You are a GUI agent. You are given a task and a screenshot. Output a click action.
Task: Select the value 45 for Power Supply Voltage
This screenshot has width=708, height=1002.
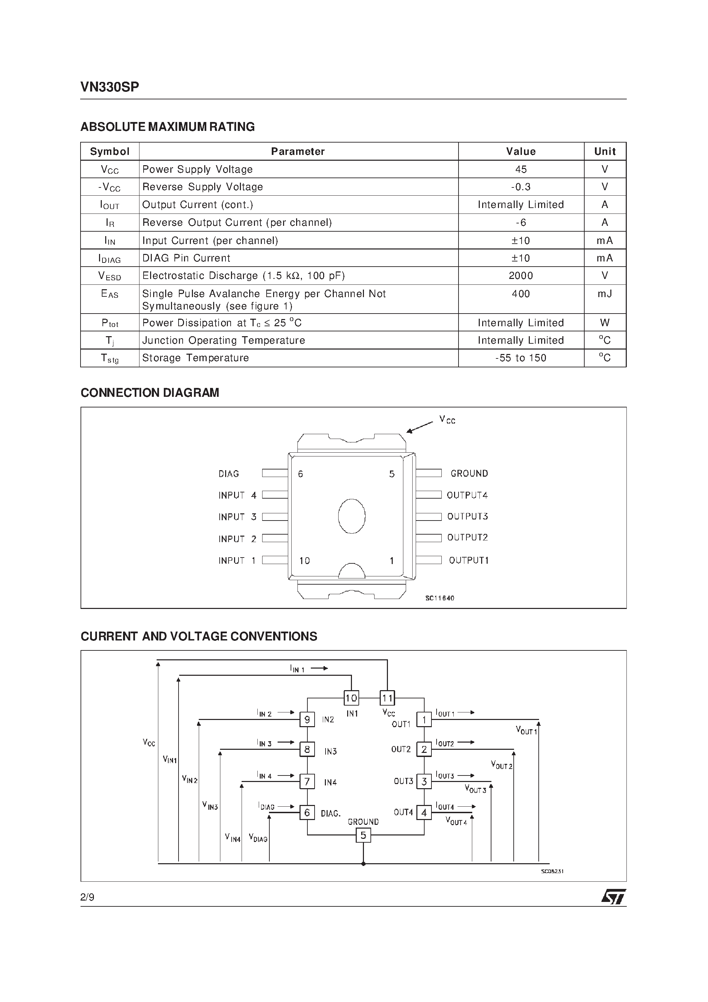point(521,169)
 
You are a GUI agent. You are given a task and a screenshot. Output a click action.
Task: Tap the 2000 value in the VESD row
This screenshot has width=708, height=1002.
point(521,276)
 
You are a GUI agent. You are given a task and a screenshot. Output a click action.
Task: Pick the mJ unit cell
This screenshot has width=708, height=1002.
point(605,294)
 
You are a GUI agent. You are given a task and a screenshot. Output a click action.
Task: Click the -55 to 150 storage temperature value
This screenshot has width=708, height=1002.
point(521,358)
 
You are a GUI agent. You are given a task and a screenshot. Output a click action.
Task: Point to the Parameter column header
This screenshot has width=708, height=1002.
point(298,151)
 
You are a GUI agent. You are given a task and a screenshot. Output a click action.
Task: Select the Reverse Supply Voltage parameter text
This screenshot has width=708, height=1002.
point(203,187)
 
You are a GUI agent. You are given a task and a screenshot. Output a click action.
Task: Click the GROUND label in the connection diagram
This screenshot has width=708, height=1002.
point(469,474)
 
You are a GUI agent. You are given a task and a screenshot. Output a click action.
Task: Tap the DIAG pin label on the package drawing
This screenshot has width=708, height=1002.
point(229,474)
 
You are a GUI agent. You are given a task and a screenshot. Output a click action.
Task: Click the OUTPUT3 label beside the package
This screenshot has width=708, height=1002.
point(467,516)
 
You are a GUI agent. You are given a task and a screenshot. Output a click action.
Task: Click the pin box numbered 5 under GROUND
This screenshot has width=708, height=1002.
point(363,835)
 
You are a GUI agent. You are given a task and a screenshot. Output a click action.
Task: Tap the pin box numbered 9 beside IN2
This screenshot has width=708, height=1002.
point(307,719)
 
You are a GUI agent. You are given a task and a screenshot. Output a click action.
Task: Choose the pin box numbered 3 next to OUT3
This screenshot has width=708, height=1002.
point(424,782)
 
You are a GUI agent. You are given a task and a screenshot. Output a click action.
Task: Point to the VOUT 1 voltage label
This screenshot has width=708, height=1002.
point(526,730)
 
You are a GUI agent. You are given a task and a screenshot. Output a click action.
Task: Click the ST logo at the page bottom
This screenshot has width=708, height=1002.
point(614,896)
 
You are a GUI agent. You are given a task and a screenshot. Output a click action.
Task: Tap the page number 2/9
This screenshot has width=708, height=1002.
point(87,897)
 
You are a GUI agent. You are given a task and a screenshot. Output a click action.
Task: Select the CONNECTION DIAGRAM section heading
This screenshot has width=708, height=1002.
point(150,393)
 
